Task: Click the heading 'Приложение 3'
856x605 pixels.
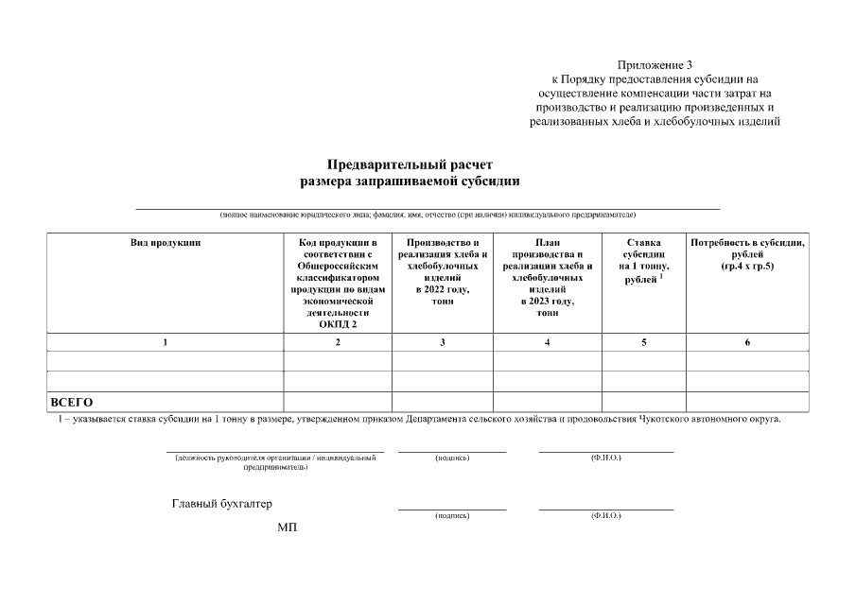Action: pos(655,65)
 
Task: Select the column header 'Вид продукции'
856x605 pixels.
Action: pos(166,244)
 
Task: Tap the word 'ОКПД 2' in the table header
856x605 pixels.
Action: pos(338,323)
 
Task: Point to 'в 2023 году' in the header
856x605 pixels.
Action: pos(547,301)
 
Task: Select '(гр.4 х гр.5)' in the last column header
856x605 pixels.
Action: pos(747,267)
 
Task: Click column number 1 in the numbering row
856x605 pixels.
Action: pos(166,342)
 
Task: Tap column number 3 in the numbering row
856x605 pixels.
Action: pos(442,342)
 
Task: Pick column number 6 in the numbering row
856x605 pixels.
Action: pos(747,342)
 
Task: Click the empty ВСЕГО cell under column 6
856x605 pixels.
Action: pos(747,403)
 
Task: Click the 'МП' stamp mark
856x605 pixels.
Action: pos(287,527)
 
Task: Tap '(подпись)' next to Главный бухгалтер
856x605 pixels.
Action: pos(452,515)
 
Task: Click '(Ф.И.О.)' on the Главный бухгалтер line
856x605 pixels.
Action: pos(605,515)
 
